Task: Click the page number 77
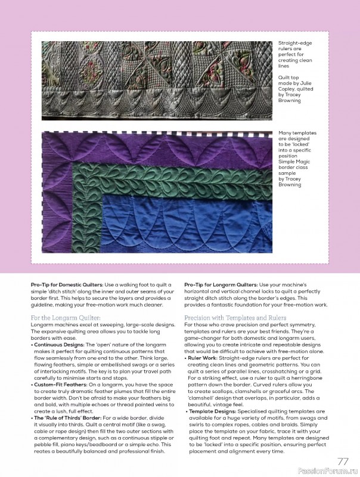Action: (x=343, y=461)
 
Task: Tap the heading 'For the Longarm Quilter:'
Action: (x=67, y=318)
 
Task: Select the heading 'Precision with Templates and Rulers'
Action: (x=235, y=318)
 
